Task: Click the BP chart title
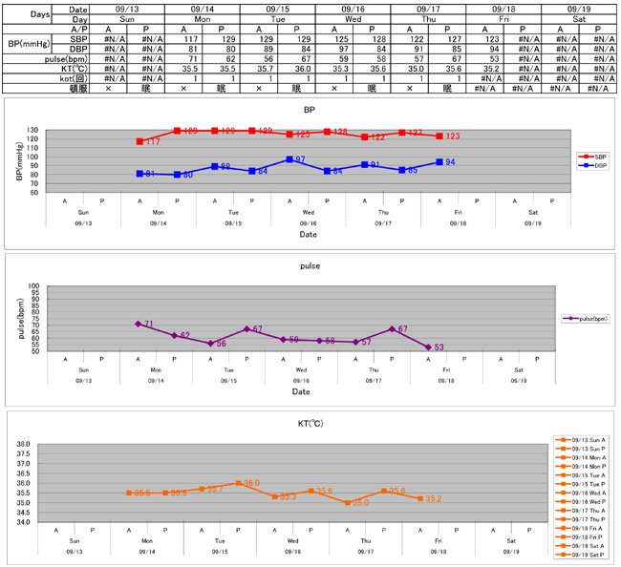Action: (x=310, y=110)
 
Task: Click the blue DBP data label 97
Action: (x=300, y=159)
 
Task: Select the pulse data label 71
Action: (x=149, y=325)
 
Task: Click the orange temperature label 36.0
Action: (x=252, y=484)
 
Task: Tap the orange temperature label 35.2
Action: (x=433, y=498)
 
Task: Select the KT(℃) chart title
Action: (x=310, y=423)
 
